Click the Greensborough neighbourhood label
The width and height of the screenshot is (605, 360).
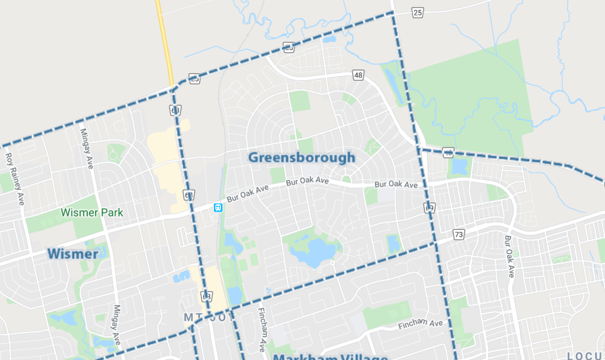pyautogui.click(x=302, y=157)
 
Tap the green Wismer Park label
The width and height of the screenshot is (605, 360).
pyautogui.click(x=91, y=212)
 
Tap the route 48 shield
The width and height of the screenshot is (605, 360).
pyautogui.click(x=358, y=75)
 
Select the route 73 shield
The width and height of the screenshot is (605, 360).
pyautogui.click(x=459, y=233)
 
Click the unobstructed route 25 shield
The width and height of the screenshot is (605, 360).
pyautogui.click(x=417, y=13)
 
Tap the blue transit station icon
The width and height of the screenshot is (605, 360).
pyautogui.click(x=218, y=207)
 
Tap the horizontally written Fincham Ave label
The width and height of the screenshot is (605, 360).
pyautogui.click(x=420, y=324)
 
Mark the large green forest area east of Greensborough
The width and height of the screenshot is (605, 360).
pyautogui.click(x=471, y=98)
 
